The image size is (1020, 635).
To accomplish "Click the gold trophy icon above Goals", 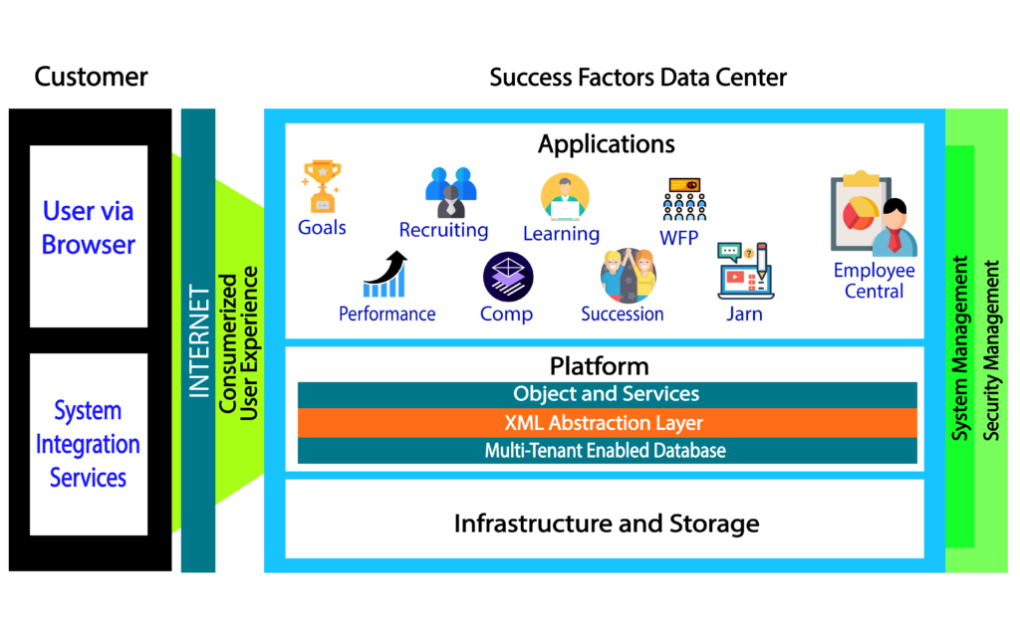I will (x=322, y=186).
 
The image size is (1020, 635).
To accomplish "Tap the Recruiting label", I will (x=443, y=230).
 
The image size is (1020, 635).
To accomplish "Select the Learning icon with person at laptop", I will (x=565, y=197).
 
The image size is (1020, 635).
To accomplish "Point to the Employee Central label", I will (x=874, y=281).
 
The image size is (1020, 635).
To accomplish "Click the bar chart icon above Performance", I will (x=385, y=275).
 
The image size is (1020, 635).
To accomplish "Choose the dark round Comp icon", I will (x=508, y=277).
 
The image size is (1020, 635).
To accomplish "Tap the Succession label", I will (x=623, y=315).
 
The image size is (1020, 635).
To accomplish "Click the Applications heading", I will (x=606, y=144).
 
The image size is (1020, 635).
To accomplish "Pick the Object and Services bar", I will (x=607, y=394).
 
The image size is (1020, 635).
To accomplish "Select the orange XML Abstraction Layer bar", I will (x=607, y=423).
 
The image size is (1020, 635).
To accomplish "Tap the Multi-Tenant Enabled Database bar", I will (x=607, y=451).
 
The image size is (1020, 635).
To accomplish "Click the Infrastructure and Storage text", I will (x=606, y=524).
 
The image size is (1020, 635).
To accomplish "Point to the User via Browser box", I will (x=89, y=236).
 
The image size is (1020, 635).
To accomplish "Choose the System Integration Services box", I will (x=89, y=444).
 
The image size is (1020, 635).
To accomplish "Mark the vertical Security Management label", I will (x=992, y=350).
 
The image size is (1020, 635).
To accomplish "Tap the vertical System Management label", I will (x=960, y=348).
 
